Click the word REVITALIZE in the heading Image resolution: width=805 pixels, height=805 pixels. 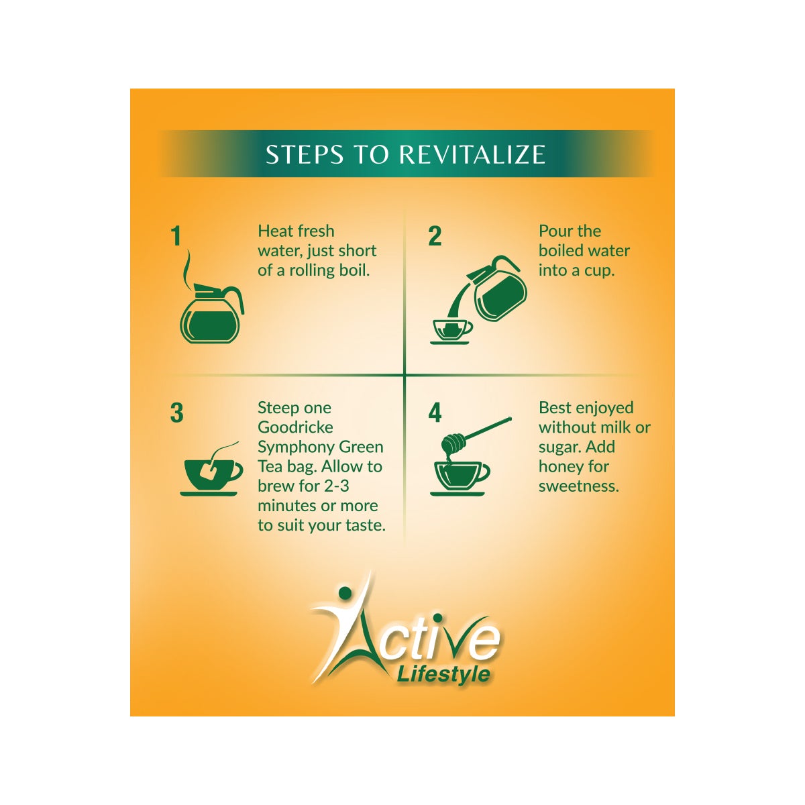pyautogui.click(x=472, y=154)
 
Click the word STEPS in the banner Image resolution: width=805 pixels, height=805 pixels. pyautogui.click(x=306, y=154)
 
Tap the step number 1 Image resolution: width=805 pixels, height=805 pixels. pyautogui.click(x=176, y=236)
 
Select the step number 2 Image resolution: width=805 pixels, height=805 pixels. pyautogui.click(x=435, y=236)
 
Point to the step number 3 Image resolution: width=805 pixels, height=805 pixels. pyautogui.click(x=176, y=413)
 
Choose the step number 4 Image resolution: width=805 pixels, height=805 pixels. pyautogui.click(x=435, y=413)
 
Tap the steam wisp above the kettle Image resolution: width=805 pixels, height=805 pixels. pyautogui.click(x=187, y=268)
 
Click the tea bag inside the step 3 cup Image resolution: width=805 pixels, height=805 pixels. pyautogui.click(x=208, y=472)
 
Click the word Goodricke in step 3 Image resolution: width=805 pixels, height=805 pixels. pyautogui.click(x=295, y=427)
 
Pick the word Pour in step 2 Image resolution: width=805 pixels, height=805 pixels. pyautogui.click(x=555, y=231)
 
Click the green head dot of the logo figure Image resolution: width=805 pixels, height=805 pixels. pyautogui.click(x=345, y=592)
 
